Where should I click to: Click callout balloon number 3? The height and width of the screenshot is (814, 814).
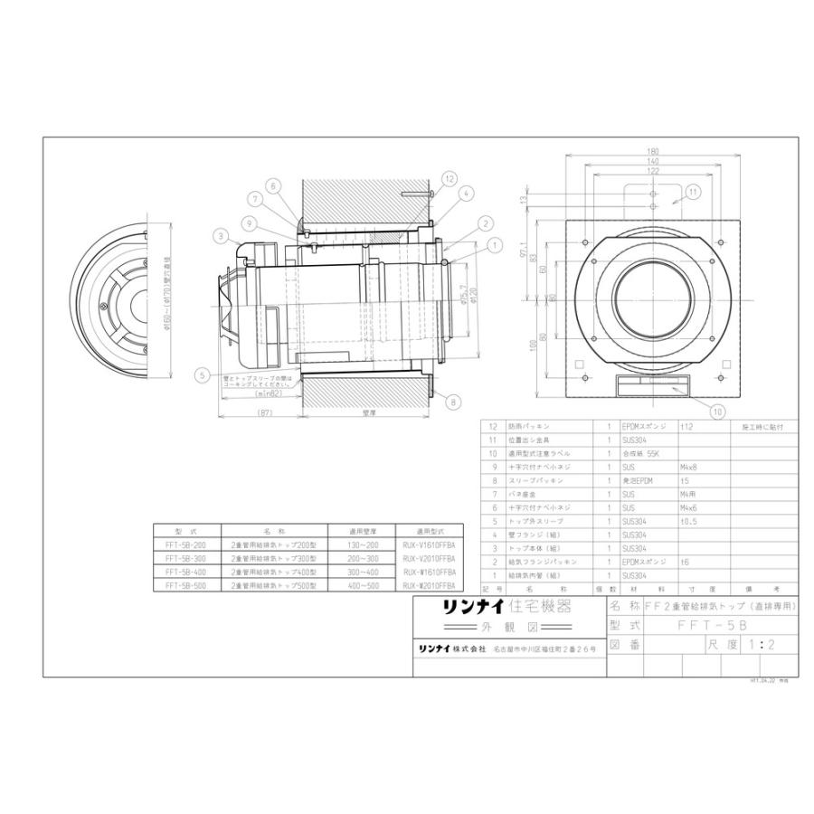coord(220,236)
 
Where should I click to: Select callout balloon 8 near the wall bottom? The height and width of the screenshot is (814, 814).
coord(452,402)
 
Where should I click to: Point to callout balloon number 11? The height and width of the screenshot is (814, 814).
coord(692,192)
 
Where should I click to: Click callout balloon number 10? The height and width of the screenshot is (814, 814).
coord(717,411)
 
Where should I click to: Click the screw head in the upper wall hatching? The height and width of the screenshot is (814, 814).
coord(414,193)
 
